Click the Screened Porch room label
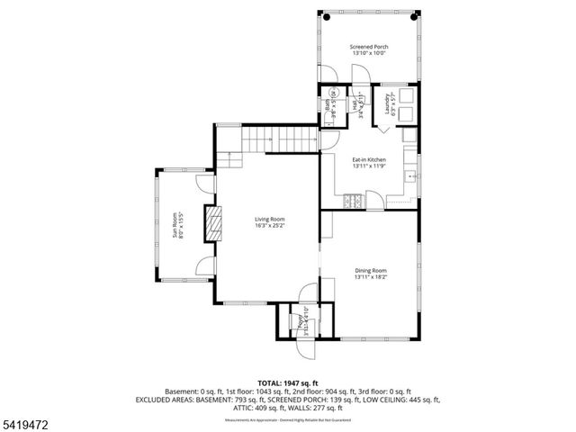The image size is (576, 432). coord(370,46)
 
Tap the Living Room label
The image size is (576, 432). coord(269,219)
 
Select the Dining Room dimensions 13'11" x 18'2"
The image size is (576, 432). coord(370,277)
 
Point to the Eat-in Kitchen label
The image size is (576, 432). coord(369,159)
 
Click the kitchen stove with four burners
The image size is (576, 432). coord(354,202)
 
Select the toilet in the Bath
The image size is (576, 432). coord(335,93)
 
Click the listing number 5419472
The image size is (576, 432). coord(24,420)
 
